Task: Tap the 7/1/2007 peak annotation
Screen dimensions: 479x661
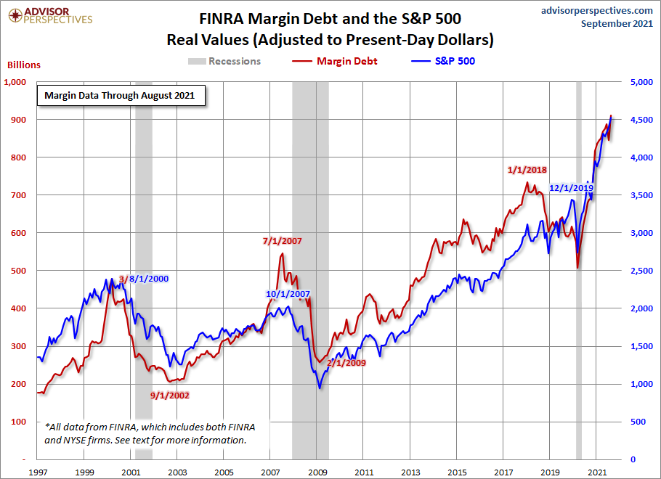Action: pyautogui.click(x=281, y=241)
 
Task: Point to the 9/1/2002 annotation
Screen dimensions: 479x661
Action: pyautogui.click(x=170, y=396)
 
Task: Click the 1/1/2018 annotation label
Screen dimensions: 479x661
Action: pyautogui.click(x=526, y=170)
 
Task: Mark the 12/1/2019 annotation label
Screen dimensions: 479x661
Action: pyautogui.click(x=572, y=188)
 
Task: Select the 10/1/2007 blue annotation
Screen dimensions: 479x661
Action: pyautogui.click(x=288, y=295)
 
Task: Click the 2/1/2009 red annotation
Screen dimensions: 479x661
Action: pyautogui.click(x=346, y=363)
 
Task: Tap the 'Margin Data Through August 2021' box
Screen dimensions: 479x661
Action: pyautogui.click(x=121, y=95)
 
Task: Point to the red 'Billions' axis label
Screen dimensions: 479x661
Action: pyautogui.click(x=23, y=65)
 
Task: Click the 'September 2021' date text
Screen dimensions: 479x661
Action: pyautogui.click(x=619, y=23)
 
